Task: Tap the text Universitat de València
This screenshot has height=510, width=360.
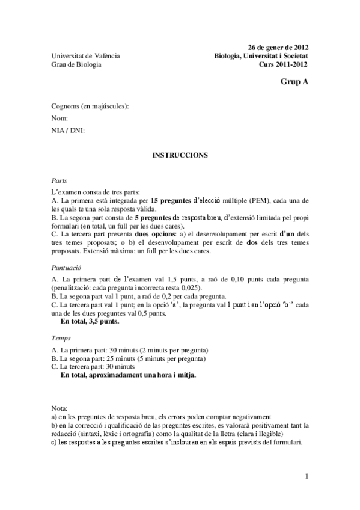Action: (85, 56)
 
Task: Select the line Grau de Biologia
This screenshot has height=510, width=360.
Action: (76, 64)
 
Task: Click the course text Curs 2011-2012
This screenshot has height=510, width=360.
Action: (284, 64)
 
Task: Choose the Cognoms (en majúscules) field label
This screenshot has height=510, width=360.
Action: (90, 106)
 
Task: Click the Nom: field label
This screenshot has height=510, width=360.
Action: (59, 118)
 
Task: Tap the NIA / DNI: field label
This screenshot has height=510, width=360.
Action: (69, 130)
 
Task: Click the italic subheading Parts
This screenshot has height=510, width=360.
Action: (59, 180)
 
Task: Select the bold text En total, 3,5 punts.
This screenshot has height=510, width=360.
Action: (90, 321)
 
